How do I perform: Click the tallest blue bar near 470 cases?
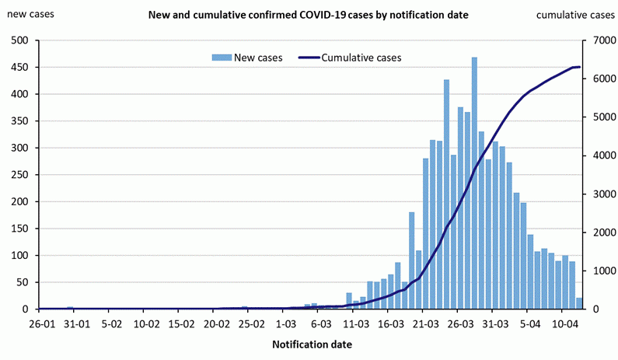[474, 183]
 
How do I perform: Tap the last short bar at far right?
[579, 303]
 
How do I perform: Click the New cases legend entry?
[247, 58]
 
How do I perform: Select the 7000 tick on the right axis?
[595, 40]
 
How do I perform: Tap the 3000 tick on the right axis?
[595, 194]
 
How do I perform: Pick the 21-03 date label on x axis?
[425, 323]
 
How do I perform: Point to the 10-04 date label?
[565, 323]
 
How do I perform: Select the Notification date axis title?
[311, 344]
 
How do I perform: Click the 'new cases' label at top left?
[27, 15]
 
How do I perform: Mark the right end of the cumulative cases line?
[579, 68]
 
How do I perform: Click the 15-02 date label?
[180, 323]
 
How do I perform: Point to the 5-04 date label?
[530, 323]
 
